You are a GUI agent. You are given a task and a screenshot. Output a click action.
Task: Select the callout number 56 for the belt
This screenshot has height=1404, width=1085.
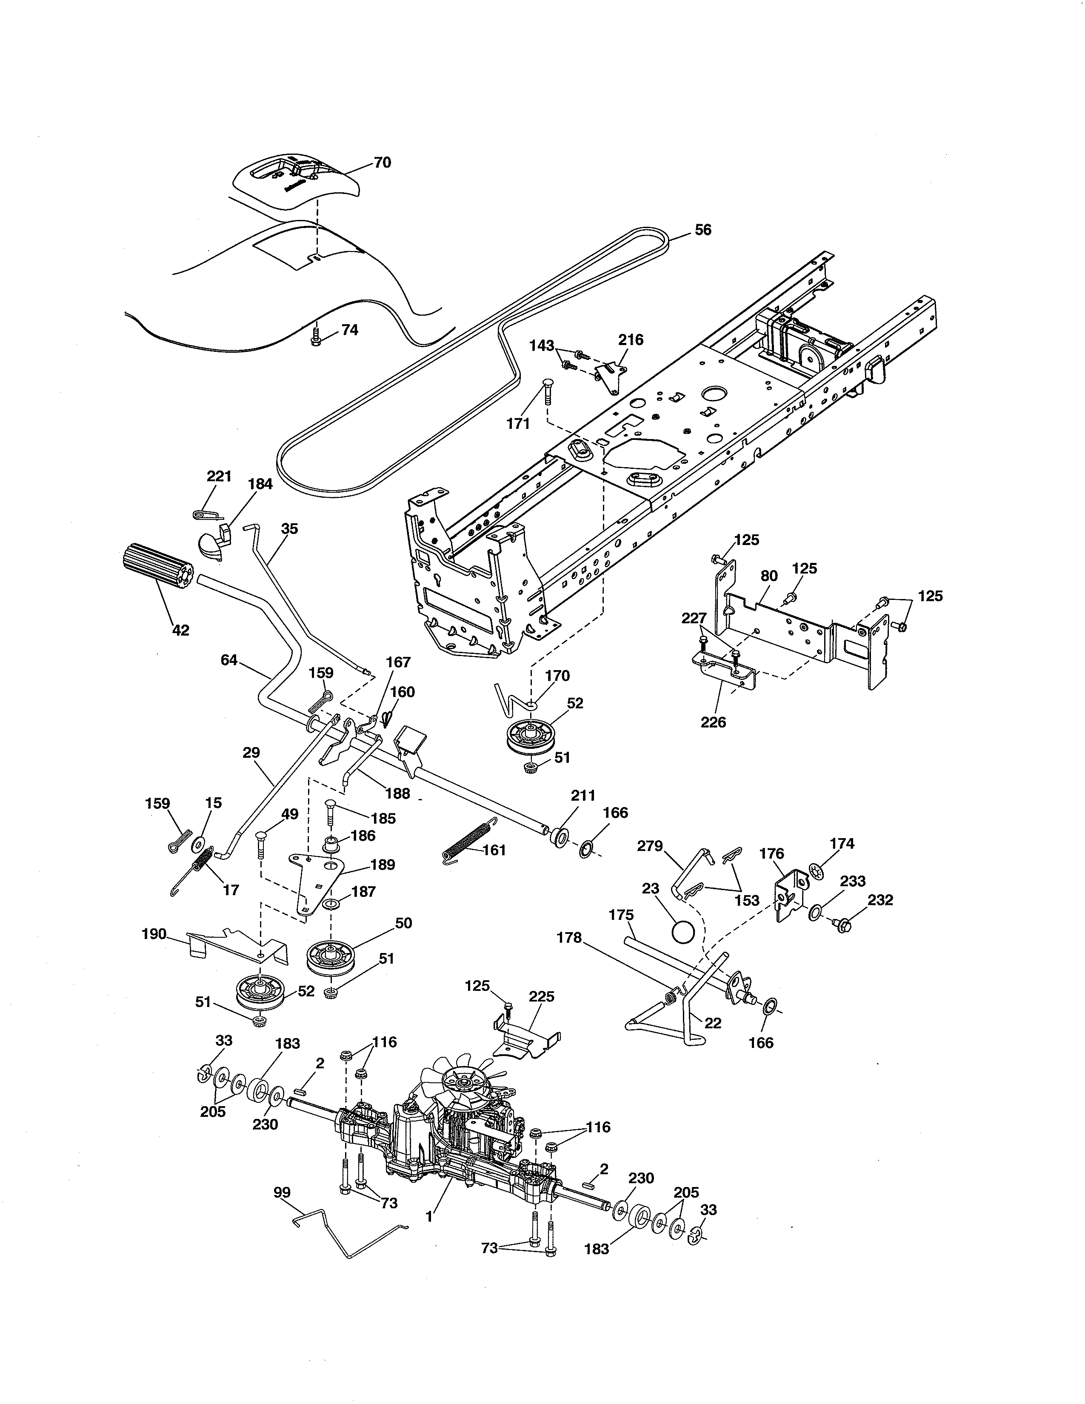pos(703,229)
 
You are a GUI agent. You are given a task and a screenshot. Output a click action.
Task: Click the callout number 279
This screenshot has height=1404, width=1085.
pos(649,846)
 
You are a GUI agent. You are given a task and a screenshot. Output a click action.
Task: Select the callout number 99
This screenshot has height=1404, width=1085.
pos(282,1193)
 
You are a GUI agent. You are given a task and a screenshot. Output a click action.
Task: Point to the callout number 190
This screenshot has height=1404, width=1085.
pos(154,933)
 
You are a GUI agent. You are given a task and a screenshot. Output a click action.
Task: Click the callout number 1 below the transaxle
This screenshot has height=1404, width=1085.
pos(429,1217)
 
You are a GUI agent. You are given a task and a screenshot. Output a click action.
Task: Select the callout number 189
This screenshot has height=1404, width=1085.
pos(383,864)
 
